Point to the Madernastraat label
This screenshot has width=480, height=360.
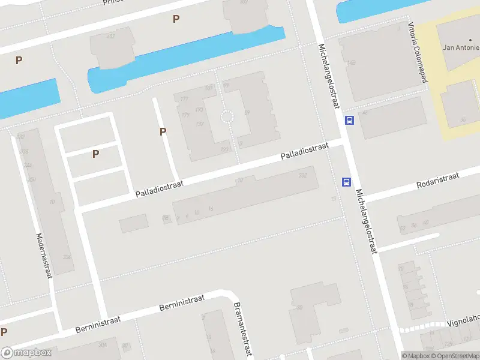44,256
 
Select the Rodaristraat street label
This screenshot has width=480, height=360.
438,180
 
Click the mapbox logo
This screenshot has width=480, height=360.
26,353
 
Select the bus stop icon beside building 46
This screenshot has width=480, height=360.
349,121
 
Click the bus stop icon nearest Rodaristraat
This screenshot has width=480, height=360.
346,182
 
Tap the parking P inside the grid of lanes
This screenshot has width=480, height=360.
95,154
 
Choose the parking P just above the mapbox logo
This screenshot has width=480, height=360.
4,332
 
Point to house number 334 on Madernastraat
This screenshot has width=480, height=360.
67,257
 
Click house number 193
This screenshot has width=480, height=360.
225,149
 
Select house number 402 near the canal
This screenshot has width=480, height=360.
110,37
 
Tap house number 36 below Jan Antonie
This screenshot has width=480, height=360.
463,119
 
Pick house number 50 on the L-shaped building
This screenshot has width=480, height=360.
299,308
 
